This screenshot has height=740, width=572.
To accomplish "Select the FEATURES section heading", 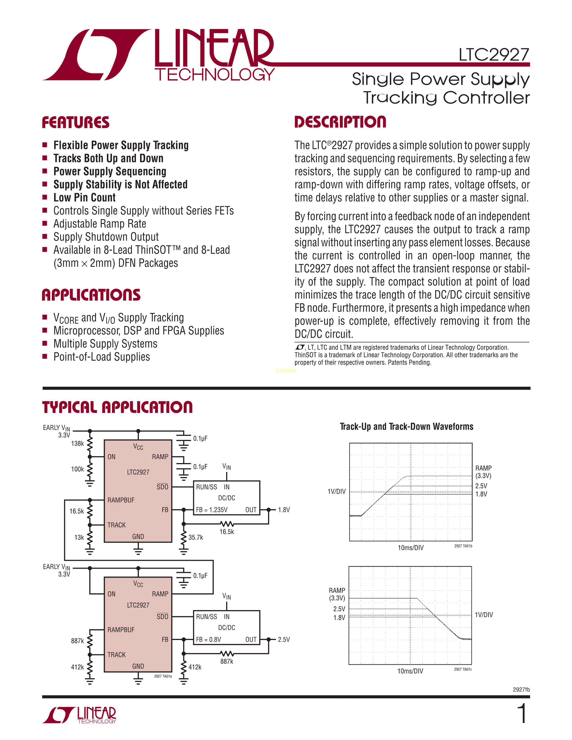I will coord(76,122).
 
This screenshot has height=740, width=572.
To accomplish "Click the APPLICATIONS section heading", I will coord(91,295).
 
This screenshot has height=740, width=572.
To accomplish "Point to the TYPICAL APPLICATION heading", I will coord(117,407).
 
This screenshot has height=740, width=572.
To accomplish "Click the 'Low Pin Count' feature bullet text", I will coord(84,198).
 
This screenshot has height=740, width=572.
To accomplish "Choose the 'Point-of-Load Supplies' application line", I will coord(102,357).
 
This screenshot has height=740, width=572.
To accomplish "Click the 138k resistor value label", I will coord(77,444).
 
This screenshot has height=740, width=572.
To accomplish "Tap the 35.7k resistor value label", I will coord(196,537).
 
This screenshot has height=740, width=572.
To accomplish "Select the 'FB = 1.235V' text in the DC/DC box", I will coord(212,510).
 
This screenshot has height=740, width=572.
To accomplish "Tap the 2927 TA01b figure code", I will coord(463,546).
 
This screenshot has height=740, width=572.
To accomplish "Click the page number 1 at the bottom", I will coord(522,714).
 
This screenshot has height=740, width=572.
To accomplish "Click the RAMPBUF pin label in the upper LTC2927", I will coord(121,500).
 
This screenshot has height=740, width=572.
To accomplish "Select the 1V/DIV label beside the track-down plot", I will coord(484,615).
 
